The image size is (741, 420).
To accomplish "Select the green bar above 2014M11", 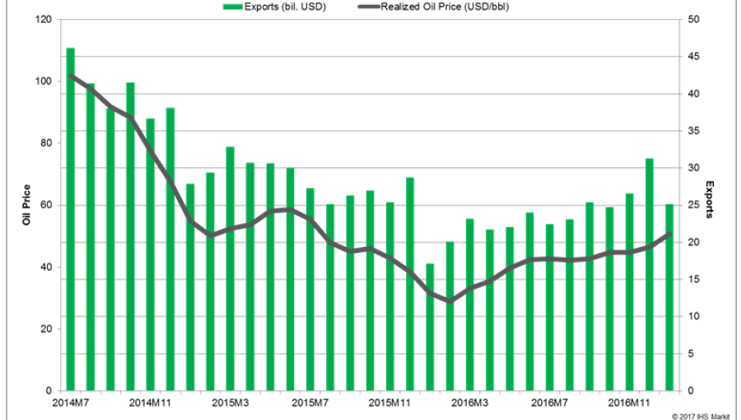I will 150,254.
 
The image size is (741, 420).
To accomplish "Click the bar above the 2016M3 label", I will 469,305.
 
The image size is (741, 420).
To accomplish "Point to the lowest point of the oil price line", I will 450,301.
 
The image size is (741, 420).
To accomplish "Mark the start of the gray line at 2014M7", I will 70,76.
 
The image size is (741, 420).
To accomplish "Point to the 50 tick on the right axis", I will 693,19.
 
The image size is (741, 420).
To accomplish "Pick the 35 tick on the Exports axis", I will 693,131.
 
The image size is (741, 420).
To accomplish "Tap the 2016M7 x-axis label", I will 549,403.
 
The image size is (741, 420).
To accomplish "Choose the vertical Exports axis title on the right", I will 711,205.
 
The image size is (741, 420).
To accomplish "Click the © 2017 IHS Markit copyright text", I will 700,416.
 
